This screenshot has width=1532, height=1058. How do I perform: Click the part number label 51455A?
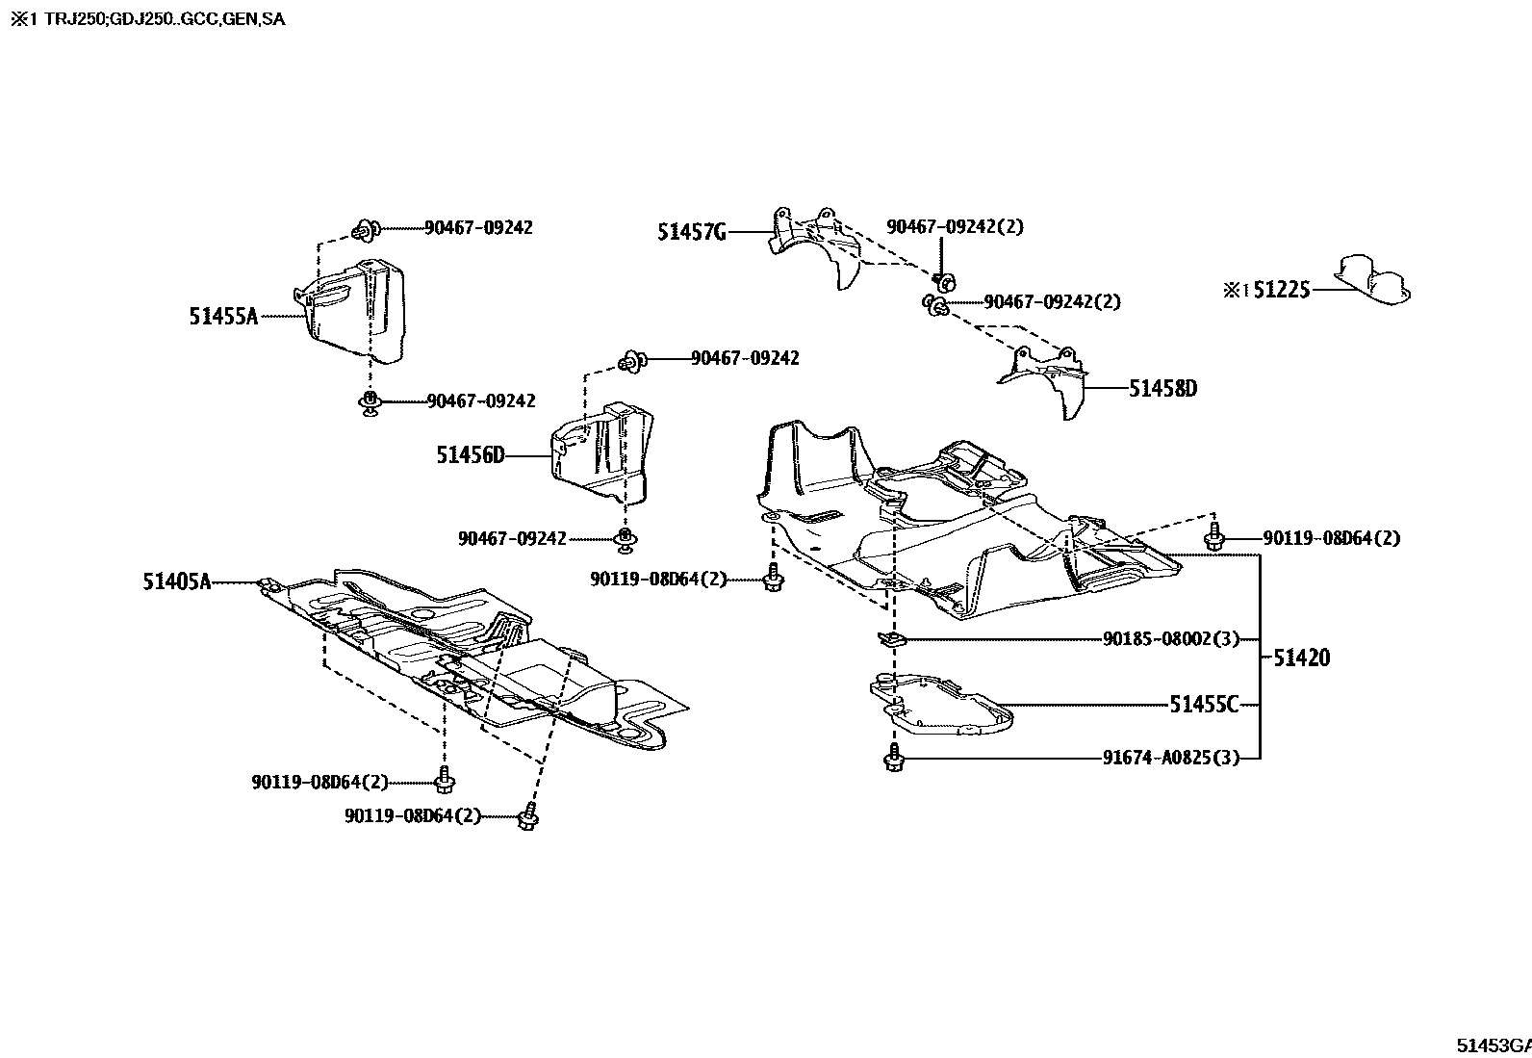point(223,316)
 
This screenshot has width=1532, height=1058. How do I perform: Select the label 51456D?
point(470,455)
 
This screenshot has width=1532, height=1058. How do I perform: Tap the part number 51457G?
point(691,232)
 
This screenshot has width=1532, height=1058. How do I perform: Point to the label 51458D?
point(1162,389)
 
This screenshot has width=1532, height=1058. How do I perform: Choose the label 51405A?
point(176,581)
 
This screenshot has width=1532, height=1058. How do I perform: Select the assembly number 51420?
point(1301,658)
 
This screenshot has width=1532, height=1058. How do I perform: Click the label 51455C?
point(1204,705)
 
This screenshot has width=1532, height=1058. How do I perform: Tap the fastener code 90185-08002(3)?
point(1170,639)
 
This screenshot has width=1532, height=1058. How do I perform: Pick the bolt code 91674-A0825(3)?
point(1170,758)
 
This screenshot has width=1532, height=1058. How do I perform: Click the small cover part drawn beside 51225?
point(1371,280)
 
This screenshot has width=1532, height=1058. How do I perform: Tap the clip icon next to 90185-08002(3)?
point(890,639)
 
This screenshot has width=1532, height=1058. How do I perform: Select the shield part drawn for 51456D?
point(601,453)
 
